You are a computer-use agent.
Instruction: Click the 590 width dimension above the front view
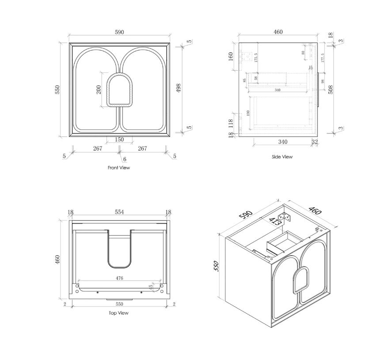(x=119, y=32)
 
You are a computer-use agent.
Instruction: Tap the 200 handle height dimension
(x=99, y=90)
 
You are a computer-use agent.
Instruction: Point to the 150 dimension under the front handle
(x=119, y=140)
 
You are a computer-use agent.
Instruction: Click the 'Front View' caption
(x=119, y=168)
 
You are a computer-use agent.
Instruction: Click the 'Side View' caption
(x=282, y=157)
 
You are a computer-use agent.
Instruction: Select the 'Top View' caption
(x=118, y=313)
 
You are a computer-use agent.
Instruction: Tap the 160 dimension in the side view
(x=231, y=57)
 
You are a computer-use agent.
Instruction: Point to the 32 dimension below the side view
(x=314, y=142)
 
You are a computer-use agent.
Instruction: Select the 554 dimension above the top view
(x=119, y=212)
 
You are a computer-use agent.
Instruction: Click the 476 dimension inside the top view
(x=119, y=278)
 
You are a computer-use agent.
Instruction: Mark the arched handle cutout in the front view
(x=119, y=90)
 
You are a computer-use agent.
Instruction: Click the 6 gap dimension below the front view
(x=125, y=159)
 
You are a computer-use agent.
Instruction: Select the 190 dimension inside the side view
(x=249, y=113)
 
